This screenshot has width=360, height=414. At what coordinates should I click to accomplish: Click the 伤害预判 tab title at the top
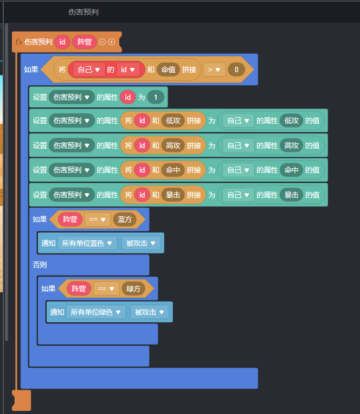(x=83, y=12)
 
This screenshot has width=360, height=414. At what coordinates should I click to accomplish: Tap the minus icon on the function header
(x=102, y=42)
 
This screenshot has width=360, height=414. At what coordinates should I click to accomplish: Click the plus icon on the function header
(x=111, y=42)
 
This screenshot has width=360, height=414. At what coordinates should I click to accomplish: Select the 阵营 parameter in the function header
(x=85, y=42)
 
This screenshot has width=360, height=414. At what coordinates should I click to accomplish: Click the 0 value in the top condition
(x=236, y=69)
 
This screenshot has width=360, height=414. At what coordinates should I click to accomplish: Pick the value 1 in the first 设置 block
(x=155, y=98)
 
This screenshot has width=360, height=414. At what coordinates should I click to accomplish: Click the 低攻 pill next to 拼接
(x=173, y=120)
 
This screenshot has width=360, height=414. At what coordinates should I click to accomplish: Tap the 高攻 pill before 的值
(x=292, y=145)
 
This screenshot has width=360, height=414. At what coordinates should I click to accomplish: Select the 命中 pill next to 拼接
(x=173, y=170)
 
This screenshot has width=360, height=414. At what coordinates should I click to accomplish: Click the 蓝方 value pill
(x=124, y=220)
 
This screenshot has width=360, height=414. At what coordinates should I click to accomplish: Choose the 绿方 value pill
(x=133, y=289)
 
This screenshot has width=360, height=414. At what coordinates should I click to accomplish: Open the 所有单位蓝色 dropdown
(x=87, y=243)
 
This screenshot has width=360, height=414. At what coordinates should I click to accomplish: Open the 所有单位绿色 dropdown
(x=96, y=312)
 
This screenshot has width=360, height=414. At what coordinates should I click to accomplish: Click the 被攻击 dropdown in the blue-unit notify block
(x=140, y=243)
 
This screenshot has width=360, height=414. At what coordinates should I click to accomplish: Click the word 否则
(x=40, y=265)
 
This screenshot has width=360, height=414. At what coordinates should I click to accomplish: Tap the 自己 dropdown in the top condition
(x=89, y=69)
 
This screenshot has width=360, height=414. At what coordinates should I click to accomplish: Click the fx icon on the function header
(x=19, y=42)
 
